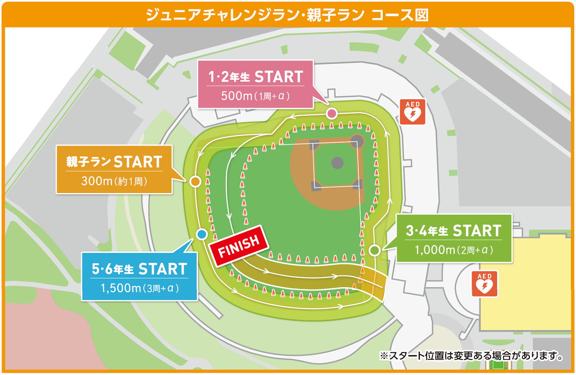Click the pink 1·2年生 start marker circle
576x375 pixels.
[332, 113]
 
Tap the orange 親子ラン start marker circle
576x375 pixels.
[195, 181]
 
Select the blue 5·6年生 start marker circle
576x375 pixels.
[202, 234]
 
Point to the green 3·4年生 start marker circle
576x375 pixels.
[374, 250]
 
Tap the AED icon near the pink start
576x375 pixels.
[412, 112]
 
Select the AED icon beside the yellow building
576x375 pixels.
[484, 284]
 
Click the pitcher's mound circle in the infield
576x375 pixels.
[337, 163]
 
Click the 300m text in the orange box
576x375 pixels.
[97, 181]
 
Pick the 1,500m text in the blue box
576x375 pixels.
[121, 288]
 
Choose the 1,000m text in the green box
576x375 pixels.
[435, 250]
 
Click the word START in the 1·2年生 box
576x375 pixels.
[279, 77]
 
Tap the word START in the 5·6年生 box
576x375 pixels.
[163, 269]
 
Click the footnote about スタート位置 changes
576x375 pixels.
[471, 356]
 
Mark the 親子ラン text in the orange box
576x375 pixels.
[89, 162]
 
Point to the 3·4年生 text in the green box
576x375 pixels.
[427, 231]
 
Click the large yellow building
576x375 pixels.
[526, 304]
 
